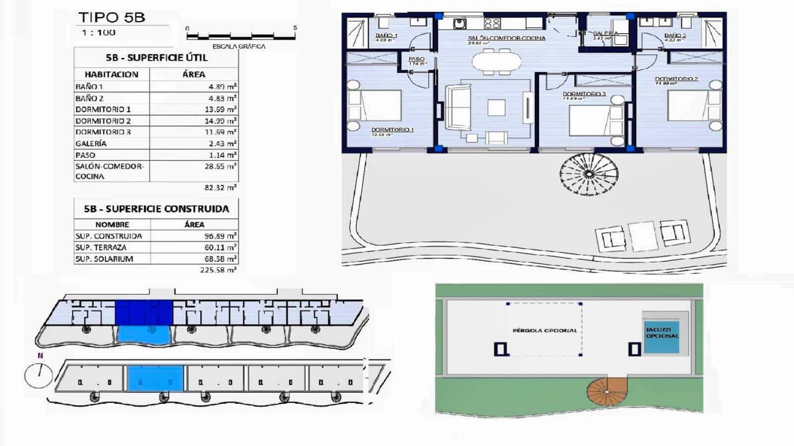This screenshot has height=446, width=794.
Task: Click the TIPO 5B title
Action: (x=112, y=17)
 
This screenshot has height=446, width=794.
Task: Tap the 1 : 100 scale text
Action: (x=99, y=33)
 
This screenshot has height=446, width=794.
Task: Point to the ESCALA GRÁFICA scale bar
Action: (x=241, y=36)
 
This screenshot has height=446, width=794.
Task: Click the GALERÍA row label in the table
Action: (x=91, y=144)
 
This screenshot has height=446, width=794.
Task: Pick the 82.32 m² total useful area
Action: (x=220, y=188)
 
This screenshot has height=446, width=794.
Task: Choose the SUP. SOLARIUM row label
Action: (x=104, y=259)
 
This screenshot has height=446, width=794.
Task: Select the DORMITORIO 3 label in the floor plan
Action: (x=584, y=94)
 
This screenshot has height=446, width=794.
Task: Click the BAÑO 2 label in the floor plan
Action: (x=675, y=36)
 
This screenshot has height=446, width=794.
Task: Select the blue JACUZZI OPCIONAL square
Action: (x=662, y=337)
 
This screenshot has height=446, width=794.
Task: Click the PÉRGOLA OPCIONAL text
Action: (x=545, y=331)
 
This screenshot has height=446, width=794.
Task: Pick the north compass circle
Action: (x=39, y=376)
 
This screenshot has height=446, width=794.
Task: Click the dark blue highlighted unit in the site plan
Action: (x=144, y=312)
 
